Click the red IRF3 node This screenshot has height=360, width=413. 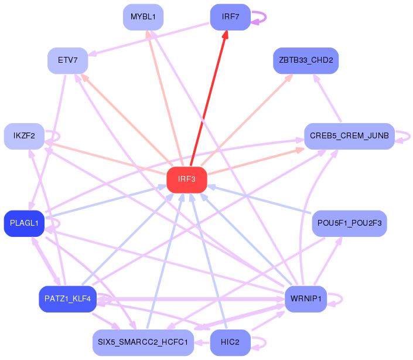tap(187, 179)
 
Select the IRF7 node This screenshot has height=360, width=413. tap(230, 17)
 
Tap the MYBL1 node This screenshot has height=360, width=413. tap(144, 17)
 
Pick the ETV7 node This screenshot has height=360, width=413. tap(68, 60)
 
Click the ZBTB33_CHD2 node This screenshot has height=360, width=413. tap(306, 60)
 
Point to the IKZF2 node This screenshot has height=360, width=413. tap(24, 136)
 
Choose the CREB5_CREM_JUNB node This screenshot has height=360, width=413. tap(349, 136)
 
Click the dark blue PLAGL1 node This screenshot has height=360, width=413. tap(24, 223)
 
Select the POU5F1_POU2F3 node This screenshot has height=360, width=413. tap(349, 223)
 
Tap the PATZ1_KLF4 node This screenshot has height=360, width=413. tap(68, 299)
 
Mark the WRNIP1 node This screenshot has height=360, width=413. tap(306, 299)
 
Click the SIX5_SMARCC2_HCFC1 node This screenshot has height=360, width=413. tap(144, 342)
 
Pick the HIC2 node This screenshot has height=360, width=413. tap(230, 342)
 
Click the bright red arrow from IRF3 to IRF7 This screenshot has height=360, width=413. tap(209, 98)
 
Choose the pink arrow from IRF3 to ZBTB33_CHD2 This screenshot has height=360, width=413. tap(247, 120)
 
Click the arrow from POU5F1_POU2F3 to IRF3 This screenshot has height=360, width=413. tap(260, 199)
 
